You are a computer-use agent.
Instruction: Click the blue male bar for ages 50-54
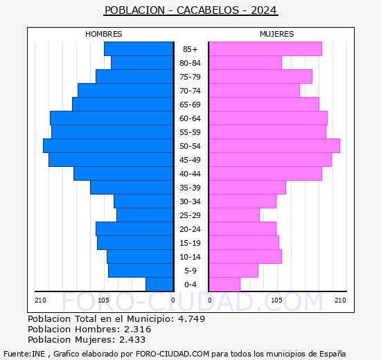point(107,145)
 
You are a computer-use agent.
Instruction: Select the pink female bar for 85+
point(265,48)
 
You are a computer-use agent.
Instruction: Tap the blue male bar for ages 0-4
point(159,284)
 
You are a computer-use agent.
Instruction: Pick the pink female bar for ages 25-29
point(233,215)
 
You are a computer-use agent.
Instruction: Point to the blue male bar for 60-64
point(111,118)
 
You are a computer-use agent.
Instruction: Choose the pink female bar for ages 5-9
point(233,270)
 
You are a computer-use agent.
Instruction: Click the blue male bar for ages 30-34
point(143,201)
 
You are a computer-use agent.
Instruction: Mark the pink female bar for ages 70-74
point(254,90)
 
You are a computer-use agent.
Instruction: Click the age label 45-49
point(190,160)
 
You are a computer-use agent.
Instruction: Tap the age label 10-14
point(190,257)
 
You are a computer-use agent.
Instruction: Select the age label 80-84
point(190,63)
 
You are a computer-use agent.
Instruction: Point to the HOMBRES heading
point(104,34)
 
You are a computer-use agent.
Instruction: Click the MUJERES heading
point(276,34)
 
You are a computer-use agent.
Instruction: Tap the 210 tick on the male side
point(40,300)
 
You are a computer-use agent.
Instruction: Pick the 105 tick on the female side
point(276,300)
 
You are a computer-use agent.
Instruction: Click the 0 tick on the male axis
point(172,300)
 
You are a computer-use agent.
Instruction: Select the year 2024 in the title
point(264,10)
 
